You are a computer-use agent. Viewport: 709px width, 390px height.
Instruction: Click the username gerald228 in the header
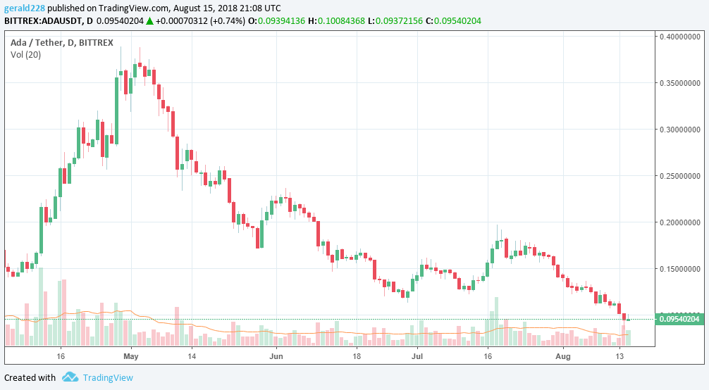(25, 7)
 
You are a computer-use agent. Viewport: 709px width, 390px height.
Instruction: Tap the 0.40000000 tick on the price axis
(681, 37)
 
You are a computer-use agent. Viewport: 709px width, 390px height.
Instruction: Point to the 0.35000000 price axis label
(681, 83)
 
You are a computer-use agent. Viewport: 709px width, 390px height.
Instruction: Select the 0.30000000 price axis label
(681, 130)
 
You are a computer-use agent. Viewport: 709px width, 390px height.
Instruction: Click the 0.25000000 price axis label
(681, 176)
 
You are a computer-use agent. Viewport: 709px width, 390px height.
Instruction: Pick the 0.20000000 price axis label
(681, 222)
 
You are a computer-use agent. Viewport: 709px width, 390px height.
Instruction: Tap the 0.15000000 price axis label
(681, 269)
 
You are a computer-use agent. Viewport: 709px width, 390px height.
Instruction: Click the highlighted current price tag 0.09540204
(680, 320)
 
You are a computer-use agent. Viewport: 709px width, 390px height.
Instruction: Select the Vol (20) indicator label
(25, 54)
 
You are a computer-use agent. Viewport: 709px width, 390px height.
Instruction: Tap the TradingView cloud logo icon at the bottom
(70, 377)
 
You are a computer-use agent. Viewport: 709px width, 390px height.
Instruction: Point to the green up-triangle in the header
(149, 21)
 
